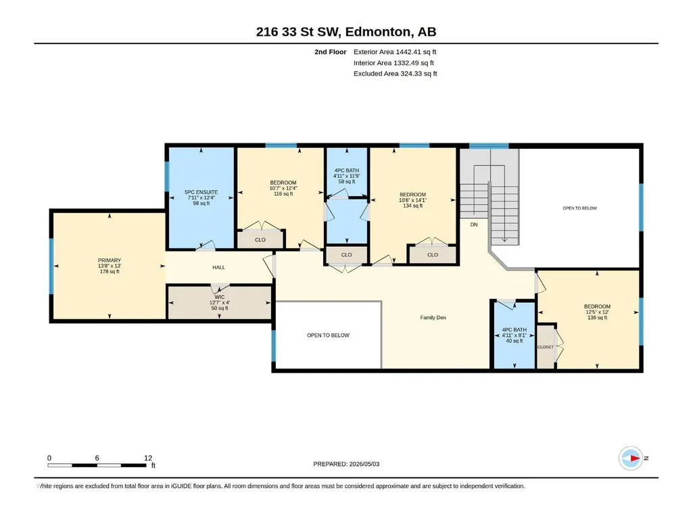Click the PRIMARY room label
109,260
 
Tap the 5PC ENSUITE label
201,192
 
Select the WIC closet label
220,297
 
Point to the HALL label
219,267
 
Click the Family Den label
433,318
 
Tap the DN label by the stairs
474,224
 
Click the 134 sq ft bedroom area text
413,206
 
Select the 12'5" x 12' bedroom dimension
597,312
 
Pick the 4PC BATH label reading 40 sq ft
515,330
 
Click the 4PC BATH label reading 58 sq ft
347,170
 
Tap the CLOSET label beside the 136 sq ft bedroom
546,347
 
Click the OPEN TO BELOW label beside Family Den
328,335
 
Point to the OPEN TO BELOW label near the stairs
579,208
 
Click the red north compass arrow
634,458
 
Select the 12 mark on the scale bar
148,458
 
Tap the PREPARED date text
346,464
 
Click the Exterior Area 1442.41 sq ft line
395,52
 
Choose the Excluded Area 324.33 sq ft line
395,74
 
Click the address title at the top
346,32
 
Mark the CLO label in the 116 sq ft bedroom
260,239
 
